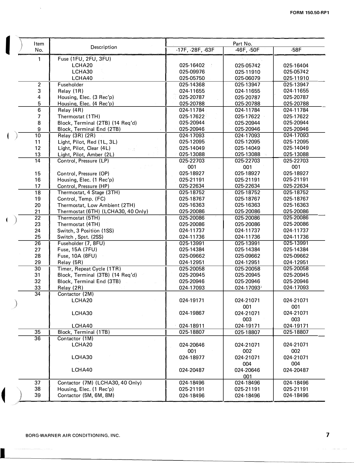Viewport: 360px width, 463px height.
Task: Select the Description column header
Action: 104,47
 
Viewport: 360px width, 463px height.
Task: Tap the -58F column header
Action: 296,50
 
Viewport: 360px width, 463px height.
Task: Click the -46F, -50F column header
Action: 247,50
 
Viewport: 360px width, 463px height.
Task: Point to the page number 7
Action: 327,435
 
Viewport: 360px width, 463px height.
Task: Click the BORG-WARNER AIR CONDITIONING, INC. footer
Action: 73,435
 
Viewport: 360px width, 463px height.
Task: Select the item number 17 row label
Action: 38,186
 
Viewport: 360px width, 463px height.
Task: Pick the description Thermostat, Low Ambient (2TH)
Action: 96,205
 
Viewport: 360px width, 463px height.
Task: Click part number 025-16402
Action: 192,66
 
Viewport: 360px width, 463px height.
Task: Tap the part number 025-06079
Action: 247,78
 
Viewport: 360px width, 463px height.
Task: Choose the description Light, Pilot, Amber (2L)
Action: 86,155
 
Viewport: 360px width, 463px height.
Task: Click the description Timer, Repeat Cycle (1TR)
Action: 89,269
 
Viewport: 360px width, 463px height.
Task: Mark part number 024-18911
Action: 192,326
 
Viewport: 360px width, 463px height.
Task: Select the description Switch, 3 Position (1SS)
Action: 86,231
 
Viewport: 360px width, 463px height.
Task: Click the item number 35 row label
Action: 38,332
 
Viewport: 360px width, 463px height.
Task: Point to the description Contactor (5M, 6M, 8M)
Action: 86,395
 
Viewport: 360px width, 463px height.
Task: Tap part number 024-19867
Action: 192,313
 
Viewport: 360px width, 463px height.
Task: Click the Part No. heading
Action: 242,44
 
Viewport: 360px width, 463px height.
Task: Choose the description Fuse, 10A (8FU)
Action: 77,256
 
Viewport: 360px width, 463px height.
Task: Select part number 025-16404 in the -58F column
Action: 296,66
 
